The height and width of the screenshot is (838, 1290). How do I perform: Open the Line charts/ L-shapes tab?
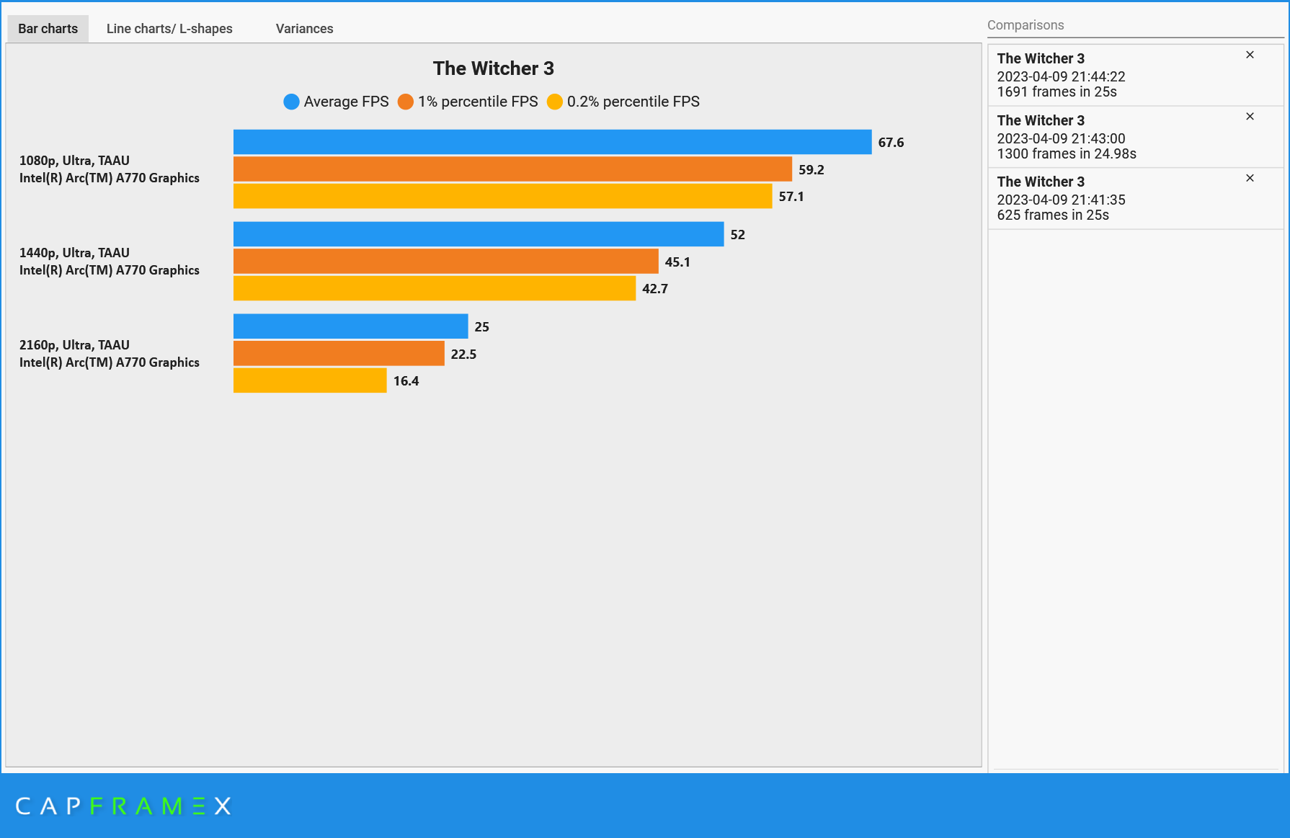pos(169,29)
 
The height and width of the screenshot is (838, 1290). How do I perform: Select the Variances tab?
pos(304,29)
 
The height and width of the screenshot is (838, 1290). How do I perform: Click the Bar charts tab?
pos(48,29)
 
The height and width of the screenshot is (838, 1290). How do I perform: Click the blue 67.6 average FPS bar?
pos(552,142)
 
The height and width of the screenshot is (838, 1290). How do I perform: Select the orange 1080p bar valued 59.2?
pos(512,169)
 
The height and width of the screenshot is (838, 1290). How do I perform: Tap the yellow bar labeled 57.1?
pos(502,196)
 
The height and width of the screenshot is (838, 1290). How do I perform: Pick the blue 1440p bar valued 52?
pos(479,234)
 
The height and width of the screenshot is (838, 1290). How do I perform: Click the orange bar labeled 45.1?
pos(445,262)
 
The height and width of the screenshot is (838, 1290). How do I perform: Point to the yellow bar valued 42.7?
pos(435,288)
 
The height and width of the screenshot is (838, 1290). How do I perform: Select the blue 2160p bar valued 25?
pos(350,326)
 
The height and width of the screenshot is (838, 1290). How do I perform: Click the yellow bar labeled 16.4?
pos(310,380)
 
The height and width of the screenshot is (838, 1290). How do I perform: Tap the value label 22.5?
pos(463,354)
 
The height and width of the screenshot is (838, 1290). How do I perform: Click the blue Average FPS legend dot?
pos(291,102)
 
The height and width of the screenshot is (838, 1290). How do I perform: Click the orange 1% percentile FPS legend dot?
pos(406,102)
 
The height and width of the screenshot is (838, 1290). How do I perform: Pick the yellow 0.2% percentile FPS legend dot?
pos(554,102)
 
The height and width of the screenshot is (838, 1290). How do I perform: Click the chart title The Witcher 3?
pos(493,68)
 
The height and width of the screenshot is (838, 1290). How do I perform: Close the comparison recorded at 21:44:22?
pos(1250,55)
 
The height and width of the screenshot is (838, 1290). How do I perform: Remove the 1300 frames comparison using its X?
pos(1250,117)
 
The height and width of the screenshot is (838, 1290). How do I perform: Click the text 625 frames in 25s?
pos(1052,215)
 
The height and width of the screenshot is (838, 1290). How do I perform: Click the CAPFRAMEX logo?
pos(123,806)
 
